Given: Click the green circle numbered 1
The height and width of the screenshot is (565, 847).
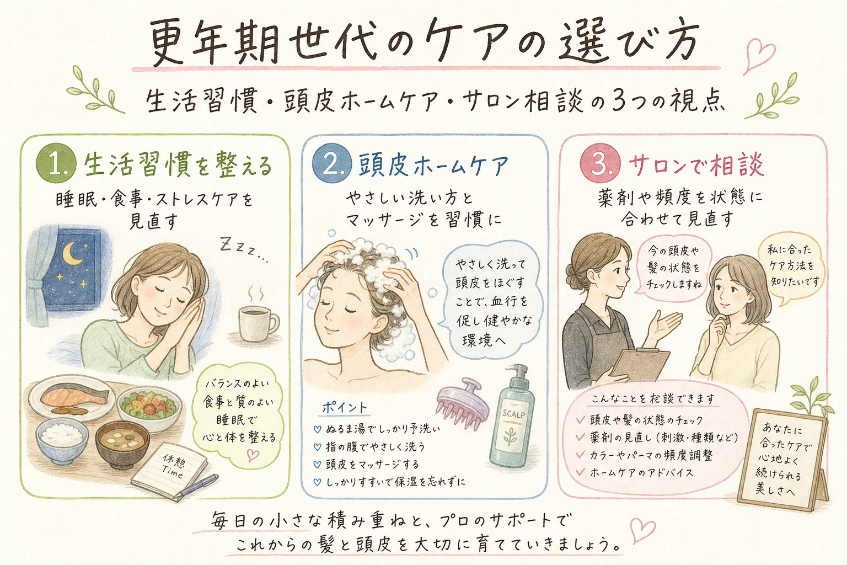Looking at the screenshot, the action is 56,164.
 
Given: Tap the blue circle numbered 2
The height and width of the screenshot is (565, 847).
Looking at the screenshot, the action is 331,164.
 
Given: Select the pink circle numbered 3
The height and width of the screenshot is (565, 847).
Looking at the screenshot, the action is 600,164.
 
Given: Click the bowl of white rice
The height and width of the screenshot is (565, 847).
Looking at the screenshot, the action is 62,440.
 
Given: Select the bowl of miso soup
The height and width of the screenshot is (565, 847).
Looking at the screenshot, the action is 122,445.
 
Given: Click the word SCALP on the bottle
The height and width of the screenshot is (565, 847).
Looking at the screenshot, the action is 513,414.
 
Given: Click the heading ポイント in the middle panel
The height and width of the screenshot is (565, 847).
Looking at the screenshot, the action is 345,407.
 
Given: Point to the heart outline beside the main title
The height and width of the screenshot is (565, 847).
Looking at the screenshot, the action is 759,55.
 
